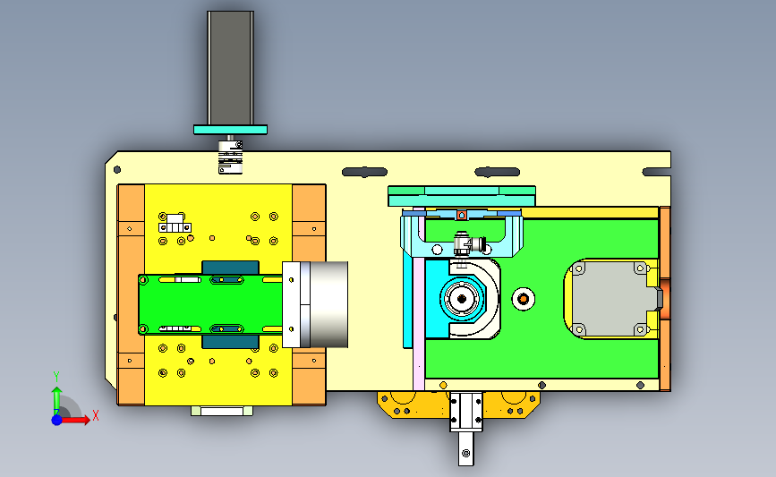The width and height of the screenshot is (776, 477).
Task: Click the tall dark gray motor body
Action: [231, 68]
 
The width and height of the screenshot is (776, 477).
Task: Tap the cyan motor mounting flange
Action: [230, 130]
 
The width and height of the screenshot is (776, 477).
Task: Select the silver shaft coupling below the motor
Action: [231, 157]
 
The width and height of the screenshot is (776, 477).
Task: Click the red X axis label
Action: [96, 415]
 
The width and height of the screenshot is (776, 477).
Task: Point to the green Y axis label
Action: [56, 377]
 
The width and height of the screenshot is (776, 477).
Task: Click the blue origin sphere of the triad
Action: [57, 420]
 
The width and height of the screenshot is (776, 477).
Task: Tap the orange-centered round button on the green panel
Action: [523, 299]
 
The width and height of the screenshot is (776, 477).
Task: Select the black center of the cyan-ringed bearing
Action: [462, 299]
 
